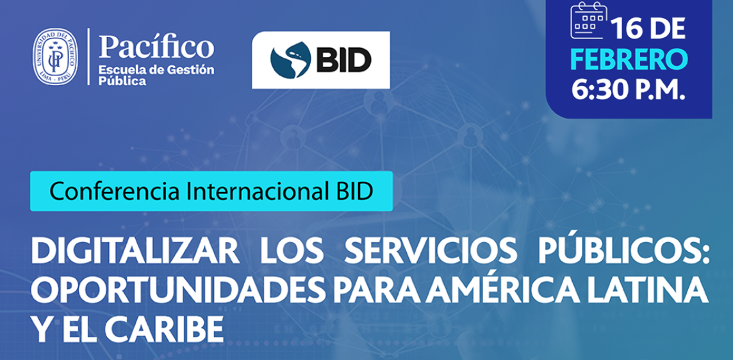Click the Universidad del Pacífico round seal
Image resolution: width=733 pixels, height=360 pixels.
click(55, 57)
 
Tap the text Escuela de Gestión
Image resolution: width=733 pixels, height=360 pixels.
click(156, 70)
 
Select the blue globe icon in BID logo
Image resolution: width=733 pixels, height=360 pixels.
click(291, 60)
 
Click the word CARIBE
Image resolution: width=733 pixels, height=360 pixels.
click(163, 330)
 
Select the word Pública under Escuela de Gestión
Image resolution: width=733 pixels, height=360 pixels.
click(122, 81)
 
